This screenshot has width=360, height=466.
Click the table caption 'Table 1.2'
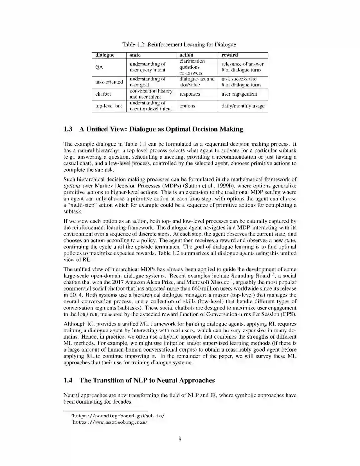tap(134, 44)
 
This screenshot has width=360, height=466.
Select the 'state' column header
tap(135, 55)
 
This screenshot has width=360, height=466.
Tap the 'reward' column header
tap(230, 55)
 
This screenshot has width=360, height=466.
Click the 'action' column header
tap(186, 55)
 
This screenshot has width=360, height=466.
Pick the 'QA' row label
tap(99, 67)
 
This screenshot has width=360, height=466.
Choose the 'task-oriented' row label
tap(109, 82)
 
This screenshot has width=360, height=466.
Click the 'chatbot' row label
tap(103, 94)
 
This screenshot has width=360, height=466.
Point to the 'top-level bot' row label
tap(109, 106)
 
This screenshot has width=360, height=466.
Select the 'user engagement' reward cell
tap(239, 94)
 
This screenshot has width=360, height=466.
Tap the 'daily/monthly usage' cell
tap(243, 106)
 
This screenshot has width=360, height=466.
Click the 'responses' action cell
tap(190, 94)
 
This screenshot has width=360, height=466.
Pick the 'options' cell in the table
tap(187, 106)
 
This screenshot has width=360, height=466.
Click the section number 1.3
tap(68, 129)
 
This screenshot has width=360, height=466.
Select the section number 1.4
tap(68, 381)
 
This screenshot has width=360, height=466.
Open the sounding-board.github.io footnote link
tap(119, 416)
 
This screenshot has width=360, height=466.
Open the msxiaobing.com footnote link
tap(110, 422)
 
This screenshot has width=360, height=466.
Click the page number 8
tap(180, 440)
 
